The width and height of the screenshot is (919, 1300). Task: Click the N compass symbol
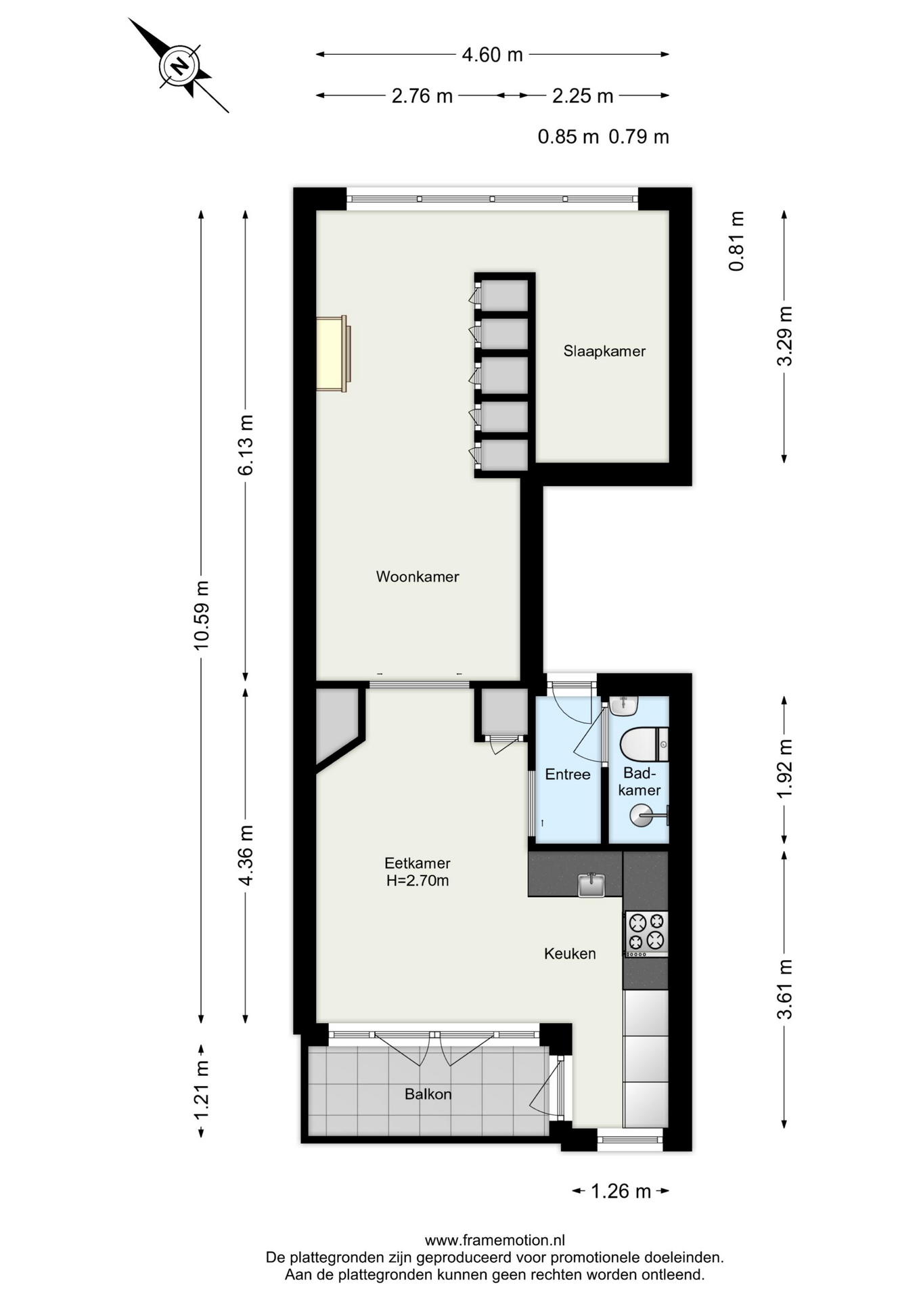point(179,66)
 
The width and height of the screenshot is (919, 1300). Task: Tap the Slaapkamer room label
point(604,351)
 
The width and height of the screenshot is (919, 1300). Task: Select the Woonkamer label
point(418,576)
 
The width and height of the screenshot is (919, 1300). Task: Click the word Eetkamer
point(418,863)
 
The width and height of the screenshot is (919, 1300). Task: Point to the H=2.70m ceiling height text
point(418,880)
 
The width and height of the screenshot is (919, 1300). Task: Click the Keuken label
point(570,953)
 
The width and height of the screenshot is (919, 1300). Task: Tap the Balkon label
point(428,1093)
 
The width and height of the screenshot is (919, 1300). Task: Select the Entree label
point(568,774)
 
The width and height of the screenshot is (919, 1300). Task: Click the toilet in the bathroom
point(644,744)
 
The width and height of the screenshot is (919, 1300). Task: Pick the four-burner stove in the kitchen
point(646,934)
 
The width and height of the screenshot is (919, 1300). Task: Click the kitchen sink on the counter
point(591,884)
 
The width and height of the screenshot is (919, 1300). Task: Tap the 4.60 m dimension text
point(492,54)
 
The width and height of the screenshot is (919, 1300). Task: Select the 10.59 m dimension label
point(201,615)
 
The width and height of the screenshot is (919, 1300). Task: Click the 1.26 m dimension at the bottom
point(621,1191)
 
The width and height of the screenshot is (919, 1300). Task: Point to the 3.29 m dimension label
point(784,336)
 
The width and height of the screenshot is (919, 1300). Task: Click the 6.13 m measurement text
point(245,444)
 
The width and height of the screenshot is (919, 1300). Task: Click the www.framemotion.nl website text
point(495,1240)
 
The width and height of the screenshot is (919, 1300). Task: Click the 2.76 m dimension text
point(422,95)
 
